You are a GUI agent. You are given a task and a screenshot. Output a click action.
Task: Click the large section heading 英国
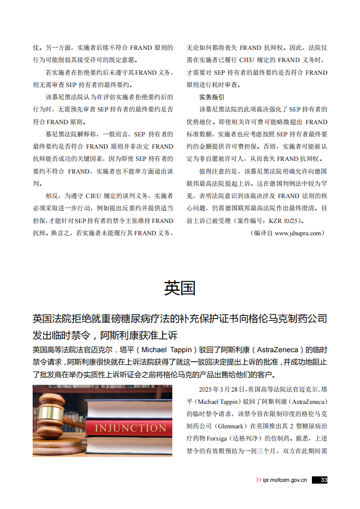point(180,288)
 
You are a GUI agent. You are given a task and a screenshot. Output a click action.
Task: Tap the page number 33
point(323,480)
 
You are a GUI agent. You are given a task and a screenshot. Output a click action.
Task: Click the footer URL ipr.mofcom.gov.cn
point(285,480)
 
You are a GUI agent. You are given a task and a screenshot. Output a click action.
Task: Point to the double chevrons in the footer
point(258,480)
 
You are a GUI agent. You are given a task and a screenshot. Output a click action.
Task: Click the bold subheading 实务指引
point(212,97)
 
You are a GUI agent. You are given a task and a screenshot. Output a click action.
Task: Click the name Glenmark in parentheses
point(231,427)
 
